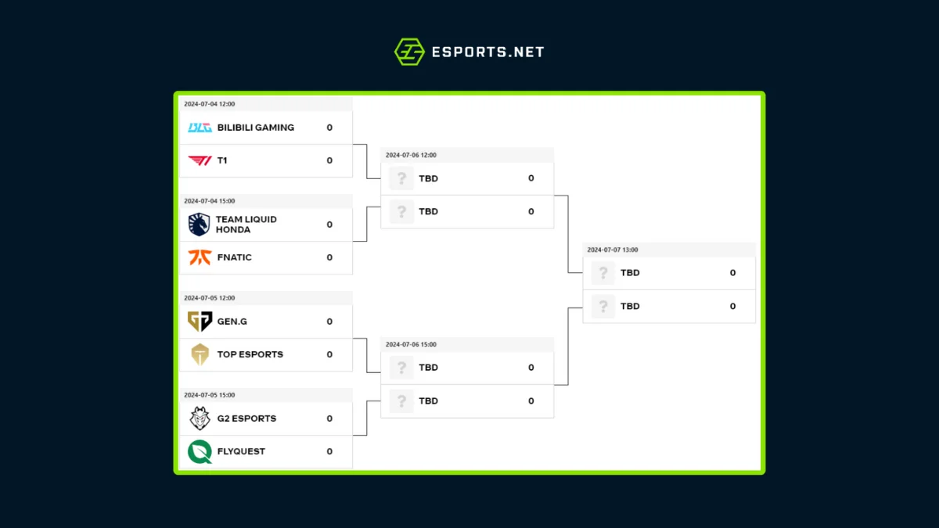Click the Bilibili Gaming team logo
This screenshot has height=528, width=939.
pyautogui.click(x=200, y=128)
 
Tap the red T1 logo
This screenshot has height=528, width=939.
pyautogui.click(x=200, y=160)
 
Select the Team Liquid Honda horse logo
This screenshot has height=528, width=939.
pyautogui.click(x=199, y=224)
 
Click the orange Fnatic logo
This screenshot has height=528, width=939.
pyautogui.click(x=200, y=257)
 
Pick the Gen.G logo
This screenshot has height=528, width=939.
pyautogui.click(x=200, y=321)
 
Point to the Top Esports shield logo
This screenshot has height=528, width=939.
pyautogui.click(x=200, y=354)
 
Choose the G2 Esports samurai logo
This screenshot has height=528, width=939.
pyautogui.click(x=200, y=418)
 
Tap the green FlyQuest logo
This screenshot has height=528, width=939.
pyautogui.click(x=200, y=451)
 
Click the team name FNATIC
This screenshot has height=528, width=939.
pyautogui.click(x=235, y=257)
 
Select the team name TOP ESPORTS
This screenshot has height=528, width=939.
pyautogui.click(x=250, y=354)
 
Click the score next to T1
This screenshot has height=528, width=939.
pyautogui.click(x=329, y=160)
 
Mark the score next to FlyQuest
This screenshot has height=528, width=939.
pyautogui.click(x=329, y=451)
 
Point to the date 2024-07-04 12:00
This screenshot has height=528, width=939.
pyautogui.click(x=209, y=104)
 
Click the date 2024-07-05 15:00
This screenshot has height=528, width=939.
pyautogui.click(x=209, y=395)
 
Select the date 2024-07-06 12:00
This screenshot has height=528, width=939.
pyautogui.click(x=411, y=155)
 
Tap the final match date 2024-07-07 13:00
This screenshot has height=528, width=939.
pyautogui.click(x=613, y=250)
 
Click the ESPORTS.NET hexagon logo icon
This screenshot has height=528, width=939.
pyautogui.click(x=409, y=52)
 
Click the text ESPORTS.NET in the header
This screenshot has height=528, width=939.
pyautogui.click(x=487, y=52)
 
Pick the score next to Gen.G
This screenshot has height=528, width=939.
pyautogui.click(x=329, y=321)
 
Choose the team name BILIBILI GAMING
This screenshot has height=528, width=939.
pyautogui.click(x=256, y=128)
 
